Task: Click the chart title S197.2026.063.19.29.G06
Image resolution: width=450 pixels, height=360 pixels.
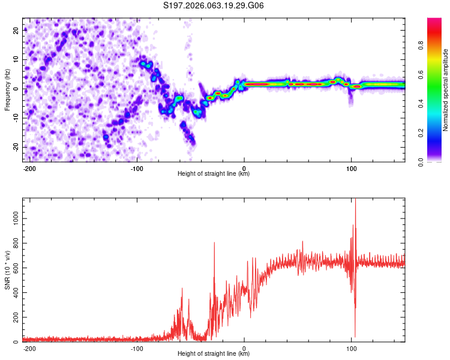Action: click(214, 6)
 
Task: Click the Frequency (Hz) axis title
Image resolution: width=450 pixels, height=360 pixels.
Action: click(7, 89)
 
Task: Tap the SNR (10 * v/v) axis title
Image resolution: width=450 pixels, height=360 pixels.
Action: click(7, 269)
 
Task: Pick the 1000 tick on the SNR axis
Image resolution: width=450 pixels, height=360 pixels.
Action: click(13, 220)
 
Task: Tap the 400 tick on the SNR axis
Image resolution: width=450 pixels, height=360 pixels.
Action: click(14, 293)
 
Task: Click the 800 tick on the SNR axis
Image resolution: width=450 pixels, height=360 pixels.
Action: click(14, 244)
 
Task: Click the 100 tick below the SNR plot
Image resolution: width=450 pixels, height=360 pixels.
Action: click(351, 348)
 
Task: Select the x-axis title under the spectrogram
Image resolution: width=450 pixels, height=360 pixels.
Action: click(214, 174)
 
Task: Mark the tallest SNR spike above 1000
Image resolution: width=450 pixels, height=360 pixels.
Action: click(355, 200)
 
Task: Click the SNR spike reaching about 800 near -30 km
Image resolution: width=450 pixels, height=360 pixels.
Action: click(214, 244)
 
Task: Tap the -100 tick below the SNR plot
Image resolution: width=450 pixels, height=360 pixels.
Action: click(137, 348)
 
